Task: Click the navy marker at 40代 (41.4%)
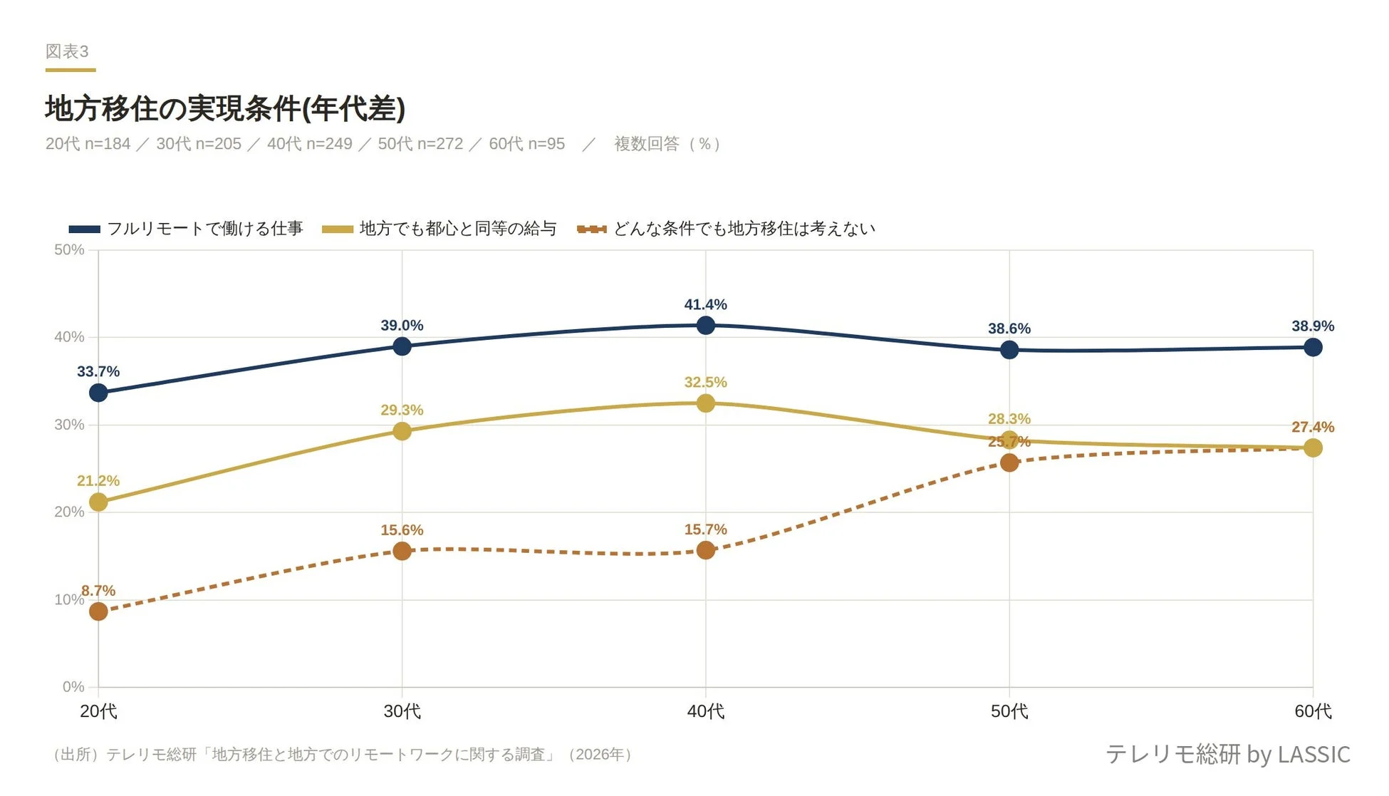(705, 326)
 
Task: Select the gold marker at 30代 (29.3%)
(402, 431)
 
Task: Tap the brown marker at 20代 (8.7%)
(98, 611)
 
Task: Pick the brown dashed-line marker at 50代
(1009, 463)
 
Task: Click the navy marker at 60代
(1313, 348)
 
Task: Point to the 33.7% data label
(98, 372)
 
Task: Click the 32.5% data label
(705, 383)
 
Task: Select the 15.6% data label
(402, 530)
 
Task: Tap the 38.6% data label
(1009, 329)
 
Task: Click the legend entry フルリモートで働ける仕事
(204, 229)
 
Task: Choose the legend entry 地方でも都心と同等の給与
(457, 229)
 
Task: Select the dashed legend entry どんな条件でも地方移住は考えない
(744, 229)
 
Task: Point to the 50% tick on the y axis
(69, 250)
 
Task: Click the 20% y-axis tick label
(69, 512)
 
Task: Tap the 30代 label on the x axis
(402, 711)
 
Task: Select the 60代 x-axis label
(1312, 711)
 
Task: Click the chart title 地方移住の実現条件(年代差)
(225, 108)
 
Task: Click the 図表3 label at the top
(67, 51)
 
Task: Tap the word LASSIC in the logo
(1313, 754)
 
